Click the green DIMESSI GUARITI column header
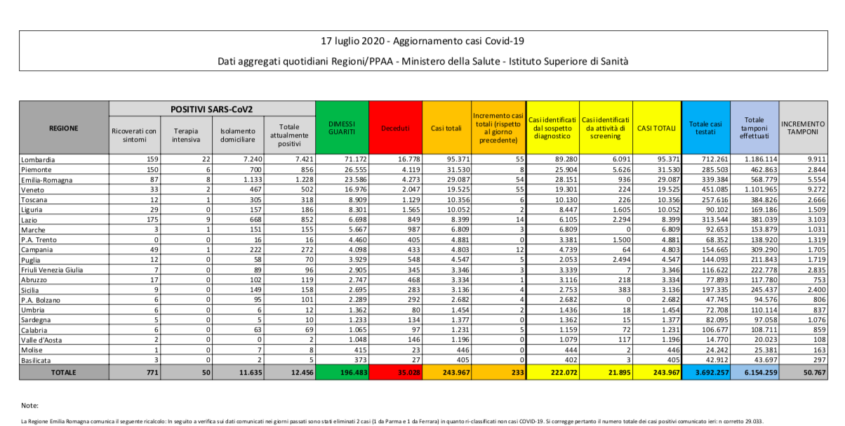pyautogui.click(x=342, y=127)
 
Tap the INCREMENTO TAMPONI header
pyautogui.click(x=802, y=127)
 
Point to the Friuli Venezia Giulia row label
pyautogui.click(x=53, y=268)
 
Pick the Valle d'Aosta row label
pyautogui.click(x=44, y=339)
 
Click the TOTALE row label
pyautogui.click(x=63, y=372)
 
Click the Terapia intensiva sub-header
pyautogui.click(x=186, y=135)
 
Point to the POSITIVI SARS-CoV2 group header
pyautogui.click(x=212, y=109)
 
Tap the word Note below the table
pyautogui.click(x=29, y=406)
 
